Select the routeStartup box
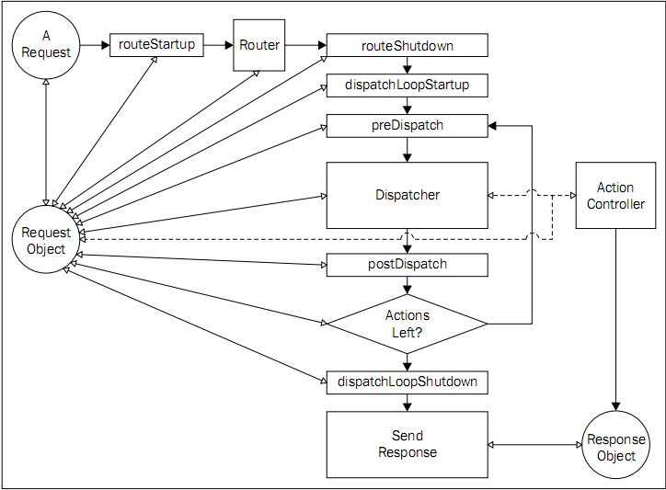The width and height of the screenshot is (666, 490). tap(156, 44)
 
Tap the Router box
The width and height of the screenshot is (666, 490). tap(259, 44)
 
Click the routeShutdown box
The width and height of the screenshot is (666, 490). tap(408, 44)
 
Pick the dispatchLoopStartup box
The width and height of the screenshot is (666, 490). tap(408, 85)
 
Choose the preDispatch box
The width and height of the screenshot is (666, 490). tap(408, 125)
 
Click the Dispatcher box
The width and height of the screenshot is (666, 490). tap(408, 195)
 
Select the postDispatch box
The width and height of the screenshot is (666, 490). tap(408, 265)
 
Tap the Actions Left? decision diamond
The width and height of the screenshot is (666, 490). tap(408, 324)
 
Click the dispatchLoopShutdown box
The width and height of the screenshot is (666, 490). tap(408, 381)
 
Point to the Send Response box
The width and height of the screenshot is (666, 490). tap(408, 445)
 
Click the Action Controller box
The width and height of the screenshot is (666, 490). tap(615, 196)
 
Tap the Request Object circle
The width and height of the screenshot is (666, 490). tap(44, 241)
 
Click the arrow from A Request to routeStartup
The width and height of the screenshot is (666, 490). tap(94, 44)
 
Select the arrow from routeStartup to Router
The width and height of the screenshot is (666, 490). tap(218, 44)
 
